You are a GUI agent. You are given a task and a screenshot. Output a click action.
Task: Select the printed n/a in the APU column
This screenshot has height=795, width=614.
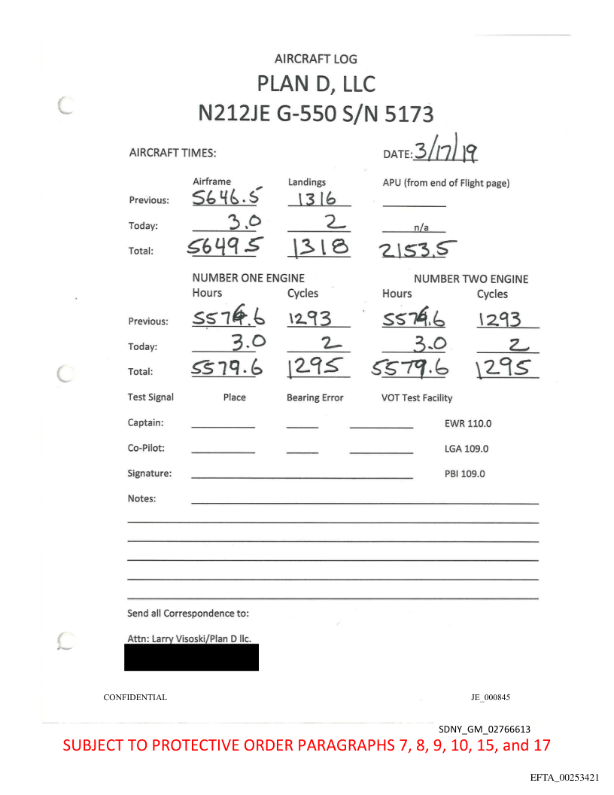click(x=414, y=226)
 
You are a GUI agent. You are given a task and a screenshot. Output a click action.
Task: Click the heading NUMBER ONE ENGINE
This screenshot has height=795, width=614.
click(x=248, y=279)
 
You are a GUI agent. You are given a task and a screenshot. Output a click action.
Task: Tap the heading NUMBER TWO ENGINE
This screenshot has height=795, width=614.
click(x=471, y=279)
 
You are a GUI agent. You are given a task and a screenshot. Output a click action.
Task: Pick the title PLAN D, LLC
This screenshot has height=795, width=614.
click(x=315, y=84)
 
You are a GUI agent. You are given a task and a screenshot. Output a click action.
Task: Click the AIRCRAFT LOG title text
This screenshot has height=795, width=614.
click(x=315, y=59)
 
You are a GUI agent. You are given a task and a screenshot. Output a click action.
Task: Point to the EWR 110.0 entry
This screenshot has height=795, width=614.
click(x=468, y=423)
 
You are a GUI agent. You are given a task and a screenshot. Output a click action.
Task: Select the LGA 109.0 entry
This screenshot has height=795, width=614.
click(x=467, y=449)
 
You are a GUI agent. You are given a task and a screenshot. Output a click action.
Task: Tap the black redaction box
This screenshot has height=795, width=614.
click(x=191, y=657)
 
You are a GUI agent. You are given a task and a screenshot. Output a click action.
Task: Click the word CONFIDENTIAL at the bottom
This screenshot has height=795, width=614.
click(x=135, y=698)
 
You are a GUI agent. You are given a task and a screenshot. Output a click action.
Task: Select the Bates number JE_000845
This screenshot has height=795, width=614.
click(x=490, y=698)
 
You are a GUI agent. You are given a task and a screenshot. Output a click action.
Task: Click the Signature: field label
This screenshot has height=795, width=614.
click(x=150, y=474)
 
